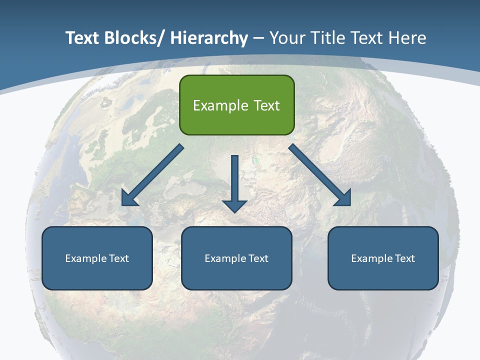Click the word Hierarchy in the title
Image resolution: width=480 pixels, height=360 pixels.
click(209, 38)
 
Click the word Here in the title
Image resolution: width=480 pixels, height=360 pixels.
click(408, 38)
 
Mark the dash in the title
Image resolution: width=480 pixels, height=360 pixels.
click(258, 38)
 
